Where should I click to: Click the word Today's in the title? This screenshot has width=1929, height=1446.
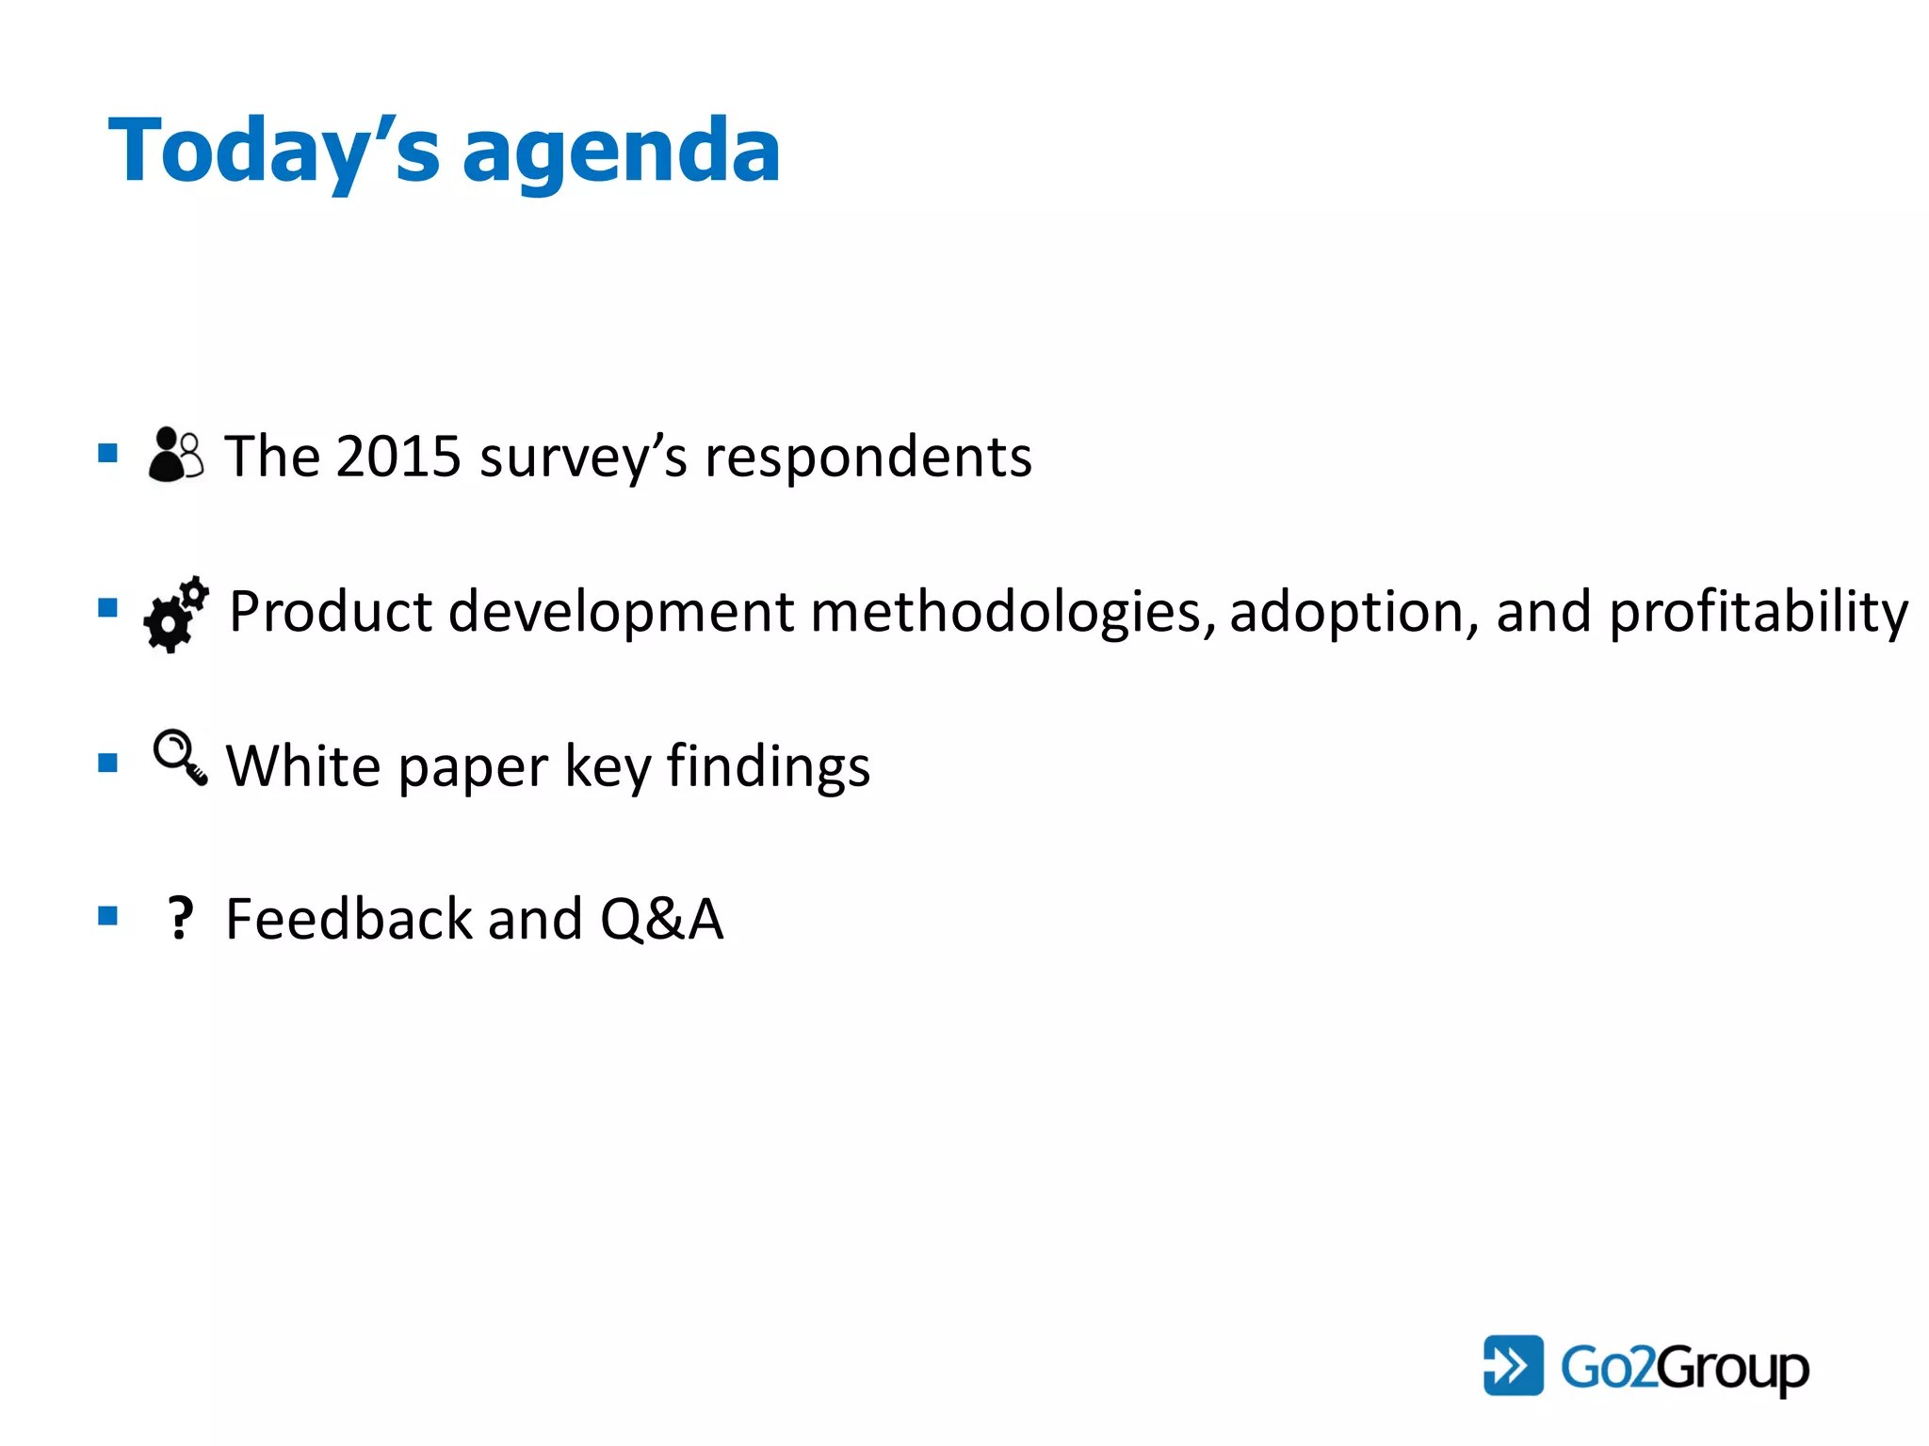(273, 151)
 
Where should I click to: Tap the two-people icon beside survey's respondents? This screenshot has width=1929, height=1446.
(175, 455)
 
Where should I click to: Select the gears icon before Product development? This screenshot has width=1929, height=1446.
(176, 614)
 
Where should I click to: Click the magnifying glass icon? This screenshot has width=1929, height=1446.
(180, 758)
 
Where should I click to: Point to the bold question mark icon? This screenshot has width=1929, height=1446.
(179, 918)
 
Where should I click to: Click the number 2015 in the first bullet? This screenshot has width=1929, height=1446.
(397, 457)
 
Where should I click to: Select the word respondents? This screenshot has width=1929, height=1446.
(867, 458)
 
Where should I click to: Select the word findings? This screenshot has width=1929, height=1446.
(769, 767)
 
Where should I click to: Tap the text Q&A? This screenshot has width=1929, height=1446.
(661, 919)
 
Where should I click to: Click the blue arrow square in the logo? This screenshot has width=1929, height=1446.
(1513, 1365)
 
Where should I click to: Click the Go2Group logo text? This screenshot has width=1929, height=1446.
(1684, 1367)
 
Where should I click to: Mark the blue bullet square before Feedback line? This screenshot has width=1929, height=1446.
(108, 916)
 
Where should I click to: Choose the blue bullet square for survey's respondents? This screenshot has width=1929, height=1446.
(108, 454)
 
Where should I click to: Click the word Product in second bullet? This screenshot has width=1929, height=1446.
(331, 612)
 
